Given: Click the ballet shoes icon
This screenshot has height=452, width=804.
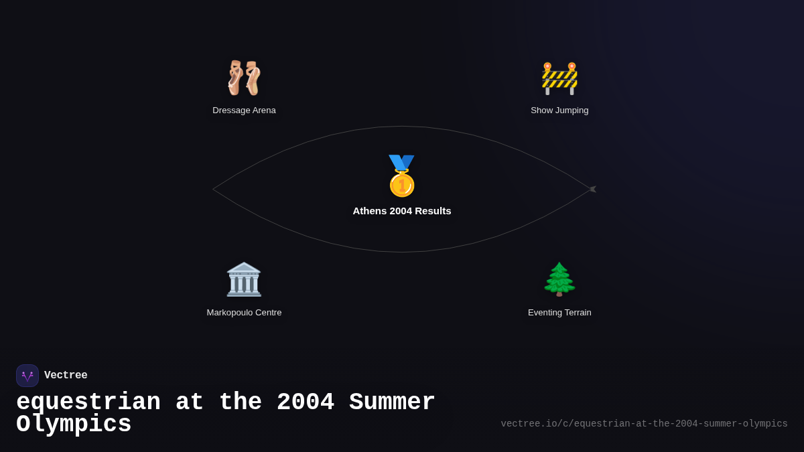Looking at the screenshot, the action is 244,78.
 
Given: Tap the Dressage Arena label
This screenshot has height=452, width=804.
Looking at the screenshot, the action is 244,110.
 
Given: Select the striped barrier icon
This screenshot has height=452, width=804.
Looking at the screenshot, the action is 559,78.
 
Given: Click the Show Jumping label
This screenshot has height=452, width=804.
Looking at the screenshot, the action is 559,110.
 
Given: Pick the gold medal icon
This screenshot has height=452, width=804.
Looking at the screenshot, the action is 401,175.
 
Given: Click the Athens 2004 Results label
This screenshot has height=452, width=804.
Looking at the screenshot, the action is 402,211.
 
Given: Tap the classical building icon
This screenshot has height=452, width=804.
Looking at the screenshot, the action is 244,279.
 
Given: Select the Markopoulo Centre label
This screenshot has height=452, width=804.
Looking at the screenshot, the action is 244,313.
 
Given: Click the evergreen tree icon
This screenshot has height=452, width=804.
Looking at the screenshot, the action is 559,279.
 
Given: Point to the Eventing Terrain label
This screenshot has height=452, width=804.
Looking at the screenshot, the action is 559,313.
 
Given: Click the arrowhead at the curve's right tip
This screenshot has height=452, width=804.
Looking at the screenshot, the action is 594,189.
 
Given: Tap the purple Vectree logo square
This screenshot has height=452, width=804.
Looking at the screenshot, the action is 27,376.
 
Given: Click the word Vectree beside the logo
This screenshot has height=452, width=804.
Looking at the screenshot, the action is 66,375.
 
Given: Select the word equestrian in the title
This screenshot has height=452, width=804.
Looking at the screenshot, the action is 88,402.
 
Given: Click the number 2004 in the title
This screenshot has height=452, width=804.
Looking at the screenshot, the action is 306,401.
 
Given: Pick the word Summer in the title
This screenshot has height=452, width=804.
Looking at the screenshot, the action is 392,401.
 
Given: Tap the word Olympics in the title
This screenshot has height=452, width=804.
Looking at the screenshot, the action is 74,425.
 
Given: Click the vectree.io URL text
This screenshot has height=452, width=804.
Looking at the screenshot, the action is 645,424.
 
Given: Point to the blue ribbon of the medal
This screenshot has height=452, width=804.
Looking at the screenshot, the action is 401,162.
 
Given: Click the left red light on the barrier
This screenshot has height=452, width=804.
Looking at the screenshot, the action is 547,66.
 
